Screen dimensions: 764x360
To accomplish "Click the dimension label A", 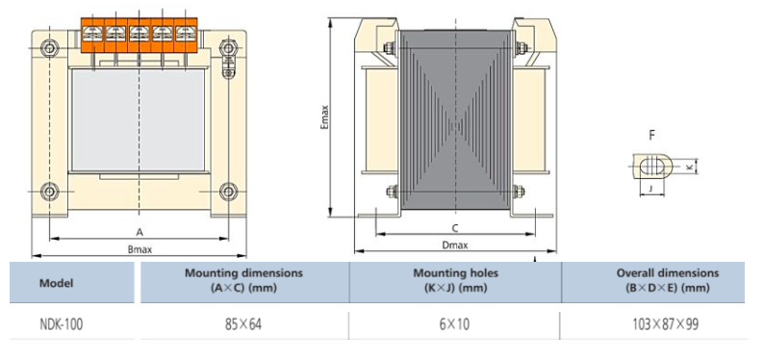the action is click(x=140, y=232).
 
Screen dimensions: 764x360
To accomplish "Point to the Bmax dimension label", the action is click(x=140, y=249).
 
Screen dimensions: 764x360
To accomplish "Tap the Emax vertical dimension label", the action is click(x=325, y=117).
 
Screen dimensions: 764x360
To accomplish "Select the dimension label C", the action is click(x=455, y=228).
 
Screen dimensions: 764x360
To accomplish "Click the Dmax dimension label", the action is click(x=455, y=245).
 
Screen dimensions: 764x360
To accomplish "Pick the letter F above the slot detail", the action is click(x=652, y=135).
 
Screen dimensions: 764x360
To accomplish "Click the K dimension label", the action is click(x=690, y=167).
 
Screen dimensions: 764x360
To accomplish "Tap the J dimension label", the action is click(x=651, y=188).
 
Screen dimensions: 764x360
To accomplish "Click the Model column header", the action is click(x=57, y=283).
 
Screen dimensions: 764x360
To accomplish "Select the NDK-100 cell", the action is click(x=62, y=324).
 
